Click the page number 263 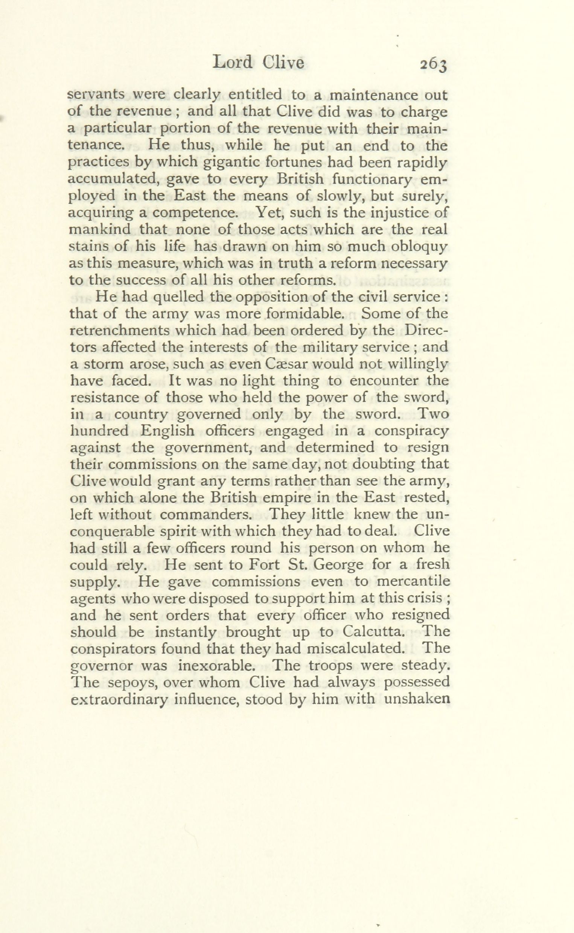[434, 65]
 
